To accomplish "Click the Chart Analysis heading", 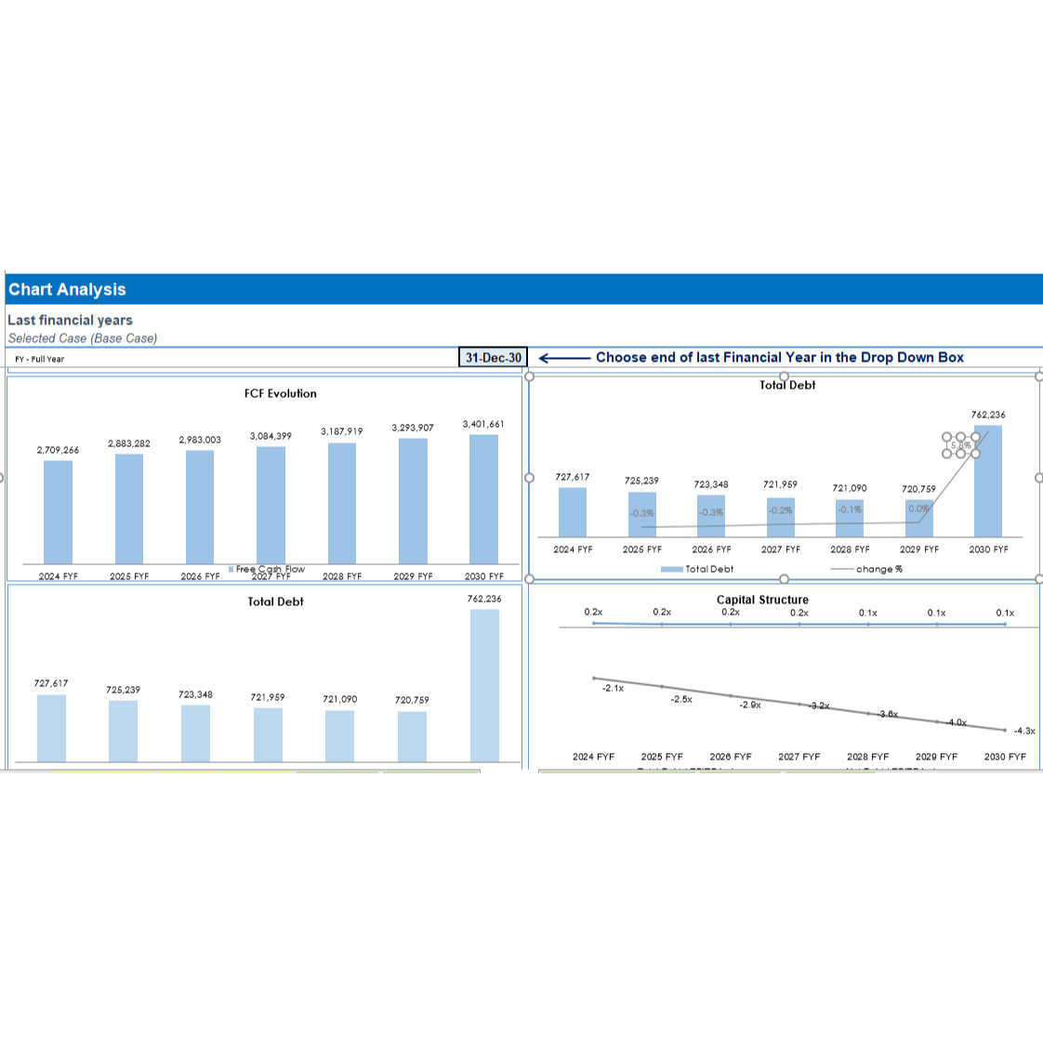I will [x=67, y=289].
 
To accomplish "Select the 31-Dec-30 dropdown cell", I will [x=493, y=358].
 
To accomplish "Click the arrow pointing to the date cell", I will [x=564, y=358].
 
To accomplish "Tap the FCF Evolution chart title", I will [x=280, y=393].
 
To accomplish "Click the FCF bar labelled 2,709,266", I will [x=58, y=511].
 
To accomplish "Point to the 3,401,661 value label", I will [x=483, y=424].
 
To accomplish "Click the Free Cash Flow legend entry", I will [x=270, y=569].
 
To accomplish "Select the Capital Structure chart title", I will [x=762, y=600].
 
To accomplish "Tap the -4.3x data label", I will [x=1023, y=731].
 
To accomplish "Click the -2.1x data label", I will [x=613, y=688].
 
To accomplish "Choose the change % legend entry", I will [x=878, y=569].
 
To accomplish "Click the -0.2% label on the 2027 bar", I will [x=781, y=509].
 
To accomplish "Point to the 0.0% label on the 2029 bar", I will [x=918, y=508].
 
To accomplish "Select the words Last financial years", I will [x=71, y=320].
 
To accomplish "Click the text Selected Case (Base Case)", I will [x=83, y=338].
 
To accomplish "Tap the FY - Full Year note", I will [x=40, y=359].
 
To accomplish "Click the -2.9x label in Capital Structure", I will [x=750, y=705].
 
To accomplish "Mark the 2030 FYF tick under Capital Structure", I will [x=1005, y=757].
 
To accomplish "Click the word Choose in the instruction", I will [x=619, y=357].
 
